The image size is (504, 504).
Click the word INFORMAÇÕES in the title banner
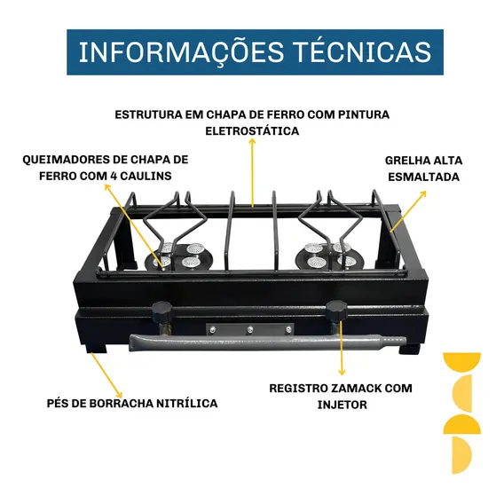coord(182,52)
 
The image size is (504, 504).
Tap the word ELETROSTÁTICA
coord(252,130)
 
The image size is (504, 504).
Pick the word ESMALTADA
coord(423,177)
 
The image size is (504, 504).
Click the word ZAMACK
coord(356,388)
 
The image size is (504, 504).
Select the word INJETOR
coord(342,405)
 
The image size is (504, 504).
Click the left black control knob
coord(162,311)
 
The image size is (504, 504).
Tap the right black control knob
coord(337,311)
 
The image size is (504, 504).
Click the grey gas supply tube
coord(267,343)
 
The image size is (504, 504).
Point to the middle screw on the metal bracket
coord(249,330)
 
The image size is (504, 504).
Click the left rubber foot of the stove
coord(96,348)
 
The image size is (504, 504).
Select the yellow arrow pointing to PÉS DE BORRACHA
coord(106,375)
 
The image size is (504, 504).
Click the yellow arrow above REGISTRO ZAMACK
coord(342,349)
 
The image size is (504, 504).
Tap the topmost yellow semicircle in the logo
coord(462,362)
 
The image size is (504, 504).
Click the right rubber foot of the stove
coord(410,349)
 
